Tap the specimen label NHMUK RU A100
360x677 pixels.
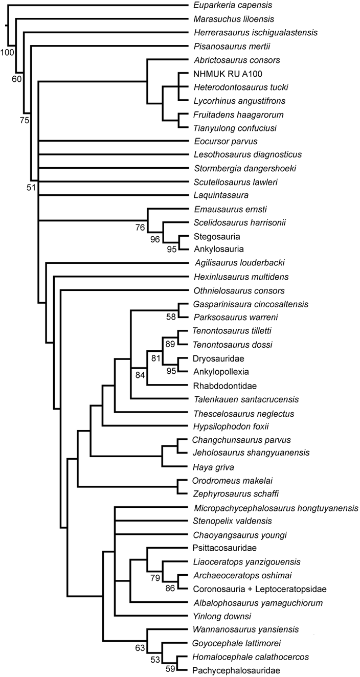(221, 73)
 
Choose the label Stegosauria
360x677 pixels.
(213, 236)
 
